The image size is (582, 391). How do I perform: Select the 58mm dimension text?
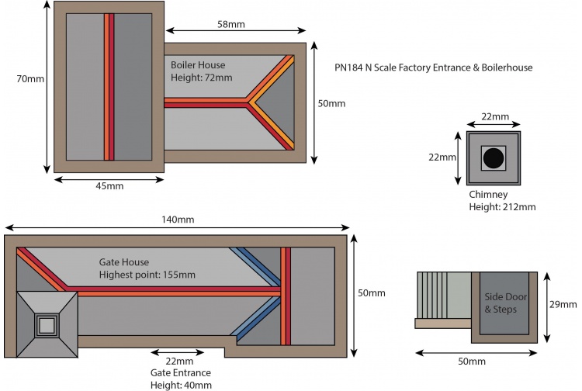tap(231, 25)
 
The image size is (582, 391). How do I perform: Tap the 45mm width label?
tap(109, 185)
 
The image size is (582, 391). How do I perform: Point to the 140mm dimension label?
tap(178, 220)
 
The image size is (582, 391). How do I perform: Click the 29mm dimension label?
tap(566, 306)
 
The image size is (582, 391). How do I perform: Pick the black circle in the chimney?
tap(493, 158)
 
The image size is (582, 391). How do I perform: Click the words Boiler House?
tap(198, 65)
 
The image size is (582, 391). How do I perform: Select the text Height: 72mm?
tap(202, 78)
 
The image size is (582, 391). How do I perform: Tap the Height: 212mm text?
tap(502, 207)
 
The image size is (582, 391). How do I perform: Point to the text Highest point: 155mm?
tap(147, 275)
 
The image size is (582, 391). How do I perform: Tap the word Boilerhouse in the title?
tap(504, 68)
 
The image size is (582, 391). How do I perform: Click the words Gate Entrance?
tap(179, 373)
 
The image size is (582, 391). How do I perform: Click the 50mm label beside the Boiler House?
tap(331, 103)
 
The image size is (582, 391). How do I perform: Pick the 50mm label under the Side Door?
tap(472, 362)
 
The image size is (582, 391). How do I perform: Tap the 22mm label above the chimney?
tap(495, 116)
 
